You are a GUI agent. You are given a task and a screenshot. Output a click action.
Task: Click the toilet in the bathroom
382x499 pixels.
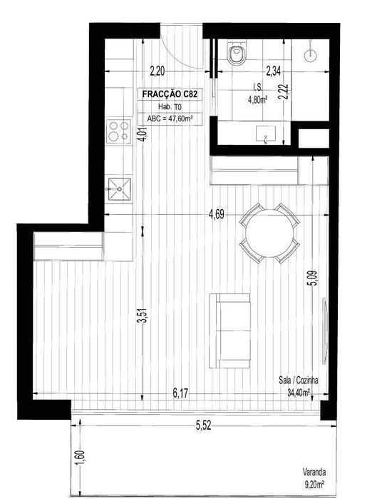point(237,53)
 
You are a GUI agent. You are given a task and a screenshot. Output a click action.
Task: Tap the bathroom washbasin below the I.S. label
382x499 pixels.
point(266,133)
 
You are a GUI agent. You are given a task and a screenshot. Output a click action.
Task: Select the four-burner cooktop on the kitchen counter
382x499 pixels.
point(119,131)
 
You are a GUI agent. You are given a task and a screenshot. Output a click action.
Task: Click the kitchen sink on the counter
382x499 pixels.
point(119,189)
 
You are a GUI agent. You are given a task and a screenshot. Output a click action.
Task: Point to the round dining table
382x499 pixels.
point(269,233)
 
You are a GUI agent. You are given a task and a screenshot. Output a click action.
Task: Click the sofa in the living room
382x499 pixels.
point(229,331)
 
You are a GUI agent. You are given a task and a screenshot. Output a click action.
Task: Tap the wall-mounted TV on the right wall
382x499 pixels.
point(324,331)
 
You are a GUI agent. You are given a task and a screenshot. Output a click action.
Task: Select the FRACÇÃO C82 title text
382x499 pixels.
point(170,94)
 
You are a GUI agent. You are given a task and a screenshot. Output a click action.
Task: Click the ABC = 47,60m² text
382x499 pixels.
point(170,119)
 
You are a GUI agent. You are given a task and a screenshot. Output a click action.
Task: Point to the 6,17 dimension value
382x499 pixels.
point(180,393)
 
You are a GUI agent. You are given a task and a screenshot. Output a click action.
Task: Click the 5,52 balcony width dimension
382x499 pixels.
point(203,425)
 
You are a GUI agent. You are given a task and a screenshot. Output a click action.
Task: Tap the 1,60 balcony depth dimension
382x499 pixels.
point(80,457)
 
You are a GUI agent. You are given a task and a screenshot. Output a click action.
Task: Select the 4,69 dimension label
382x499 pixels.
point(216,214)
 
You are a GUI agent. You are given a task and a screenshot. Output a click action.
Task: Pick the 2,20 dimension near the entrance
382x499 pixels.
point(158,71)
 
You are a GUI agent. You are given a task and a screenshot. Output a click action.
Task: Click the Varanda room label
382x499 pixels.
point(314,472)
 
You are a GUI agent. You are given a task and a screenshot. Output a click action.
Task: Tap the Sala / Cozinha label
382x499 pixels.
point(299,380)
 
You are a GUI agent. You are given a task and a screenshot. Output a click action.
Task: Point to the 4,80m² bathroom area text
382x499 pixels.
point(257,100)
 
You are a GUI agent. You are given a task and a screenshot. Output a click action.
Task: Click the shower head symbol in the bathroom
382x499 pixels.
point(311,55)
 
